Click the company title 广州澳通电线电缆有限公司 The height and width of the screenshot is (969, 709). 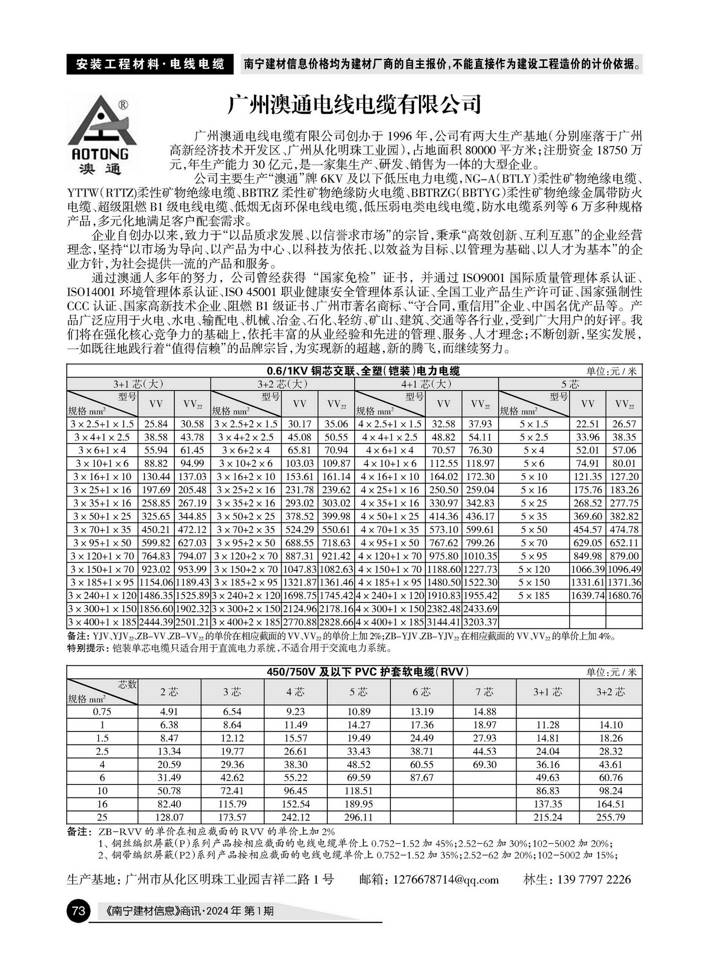point(354,104)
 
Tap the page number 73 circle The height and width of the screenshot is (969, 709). point(78,910)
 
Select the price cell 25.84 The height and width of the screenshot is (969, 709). point(156,424)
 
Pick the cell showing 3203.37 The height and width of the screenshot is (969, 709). point(480,622)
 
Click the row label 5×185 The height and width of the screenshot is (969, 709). point(534,596)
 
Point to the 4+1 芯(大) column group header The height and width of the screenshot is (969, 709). point(426,384)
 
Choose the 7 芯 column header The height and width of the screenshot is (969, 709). point(485,692)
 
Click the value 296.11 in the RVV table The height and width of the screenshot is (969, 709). point(358,817)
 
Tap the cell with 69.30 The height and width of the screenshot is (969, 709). point(485,764)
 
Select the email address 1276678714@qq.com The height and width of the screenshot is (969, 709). point(446,880)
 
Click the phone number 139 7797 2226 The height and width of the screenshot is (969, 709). point(595,880)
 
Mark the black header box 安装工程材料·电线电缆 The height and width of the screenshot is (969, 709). point(150,64)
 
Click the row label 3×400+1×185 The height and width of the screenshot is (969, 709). point(103,622)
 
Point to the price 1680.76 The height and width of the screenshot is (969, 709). point(624,596)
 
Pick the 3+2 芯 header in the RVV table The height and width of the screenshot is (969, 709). point(610,692)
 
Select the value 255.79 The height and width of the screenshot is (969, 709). point(610,817)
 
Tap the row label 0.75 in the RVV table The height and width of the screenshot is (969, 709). point(102,711)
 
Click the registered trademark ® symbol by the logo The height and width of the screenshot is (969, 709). point(122,105)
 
